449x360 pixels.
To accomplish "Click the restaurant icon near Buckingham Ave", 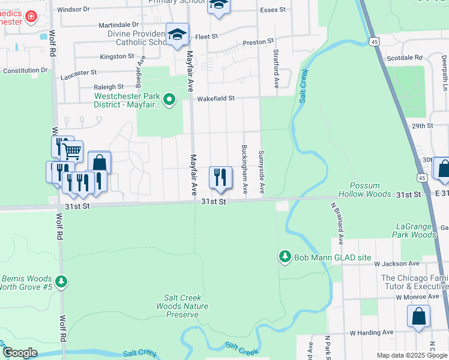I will click(220, 177).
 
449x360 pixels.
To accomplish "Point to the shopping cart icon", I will click(72, 151).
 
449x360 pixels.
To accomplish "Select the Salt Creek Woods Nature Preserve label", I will click(187, 306).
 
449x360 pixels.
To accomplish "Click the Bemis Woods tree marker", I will click(61, 281).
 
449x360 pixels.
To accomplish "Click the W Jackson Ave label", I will click(396, 263).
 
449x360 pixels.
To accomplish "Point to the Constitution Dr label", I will click(25, 71).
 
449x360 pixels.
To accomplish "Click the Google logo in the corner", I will click(20, 353).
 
